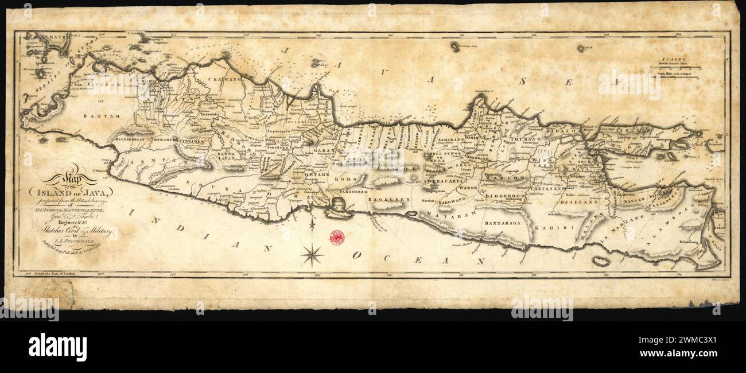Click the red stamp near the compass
337,236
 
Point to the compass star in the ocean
312,254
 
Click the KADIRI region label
546,228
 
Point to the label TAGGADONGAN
131,139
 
